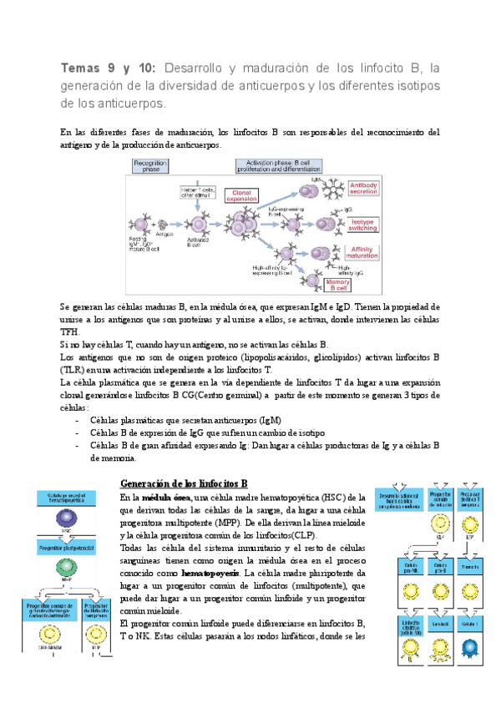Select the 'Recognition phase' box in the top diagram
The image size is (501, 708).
click(151, 167)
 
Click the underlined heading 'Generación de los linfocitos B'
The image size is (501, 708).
click(184, 483)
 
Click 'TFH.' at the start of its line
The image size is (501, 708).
click(73, 331)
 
